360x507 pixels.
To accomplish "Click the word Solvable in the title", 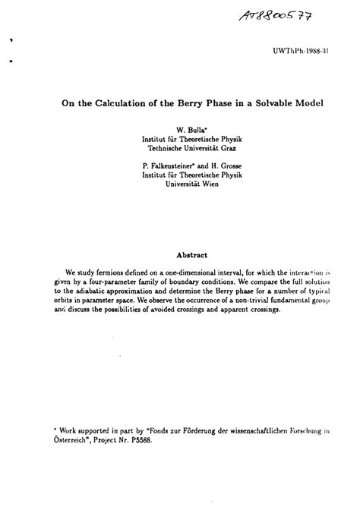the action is click(273, 100).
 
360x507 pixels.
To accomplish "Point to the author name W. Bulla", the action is click(182, 131).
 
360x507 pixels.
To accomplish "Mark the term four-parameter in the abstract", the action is click(115, 282).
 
